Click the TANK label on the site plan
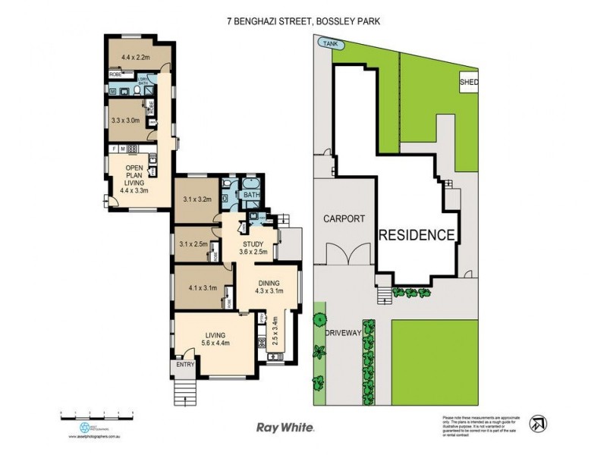click(x=329, y=45)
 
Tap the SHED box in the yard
click(x=467, y=82)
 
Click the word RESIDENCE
click(x=417, y=234)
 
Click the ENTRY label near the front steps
click(x=185, y=365)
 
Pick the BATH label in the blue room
click(x=250, y=195)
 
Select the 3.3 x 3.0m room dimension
click(x=126, y=120)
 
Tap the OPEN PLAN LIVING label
click(x=134, y=179)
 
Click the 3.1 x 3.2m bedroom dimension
click(x=197, y=200)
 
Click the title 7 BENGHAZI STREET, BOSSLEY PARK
click(x=303, y=22)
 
